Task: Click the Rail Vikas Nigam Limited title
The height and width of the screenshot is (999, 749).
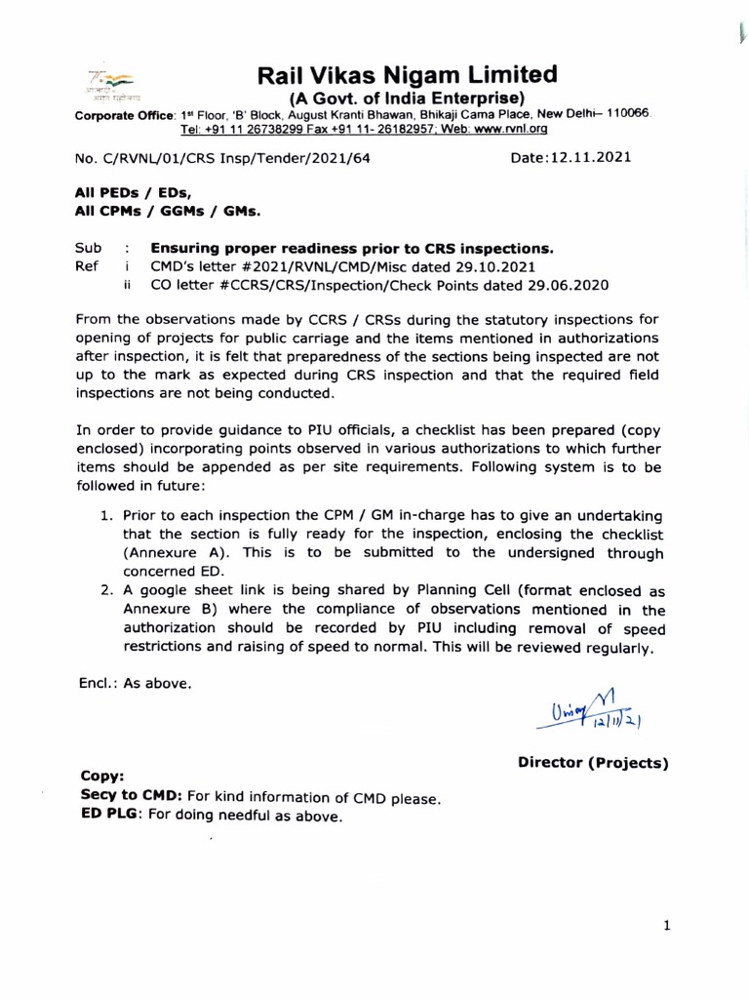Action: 407,75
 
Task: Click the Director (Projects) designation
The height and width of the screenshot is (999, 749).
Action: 592,764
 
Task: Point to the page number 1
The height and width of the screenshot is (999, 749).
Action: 666,928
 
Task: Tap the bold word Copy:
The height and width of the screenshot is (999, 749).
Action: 100,777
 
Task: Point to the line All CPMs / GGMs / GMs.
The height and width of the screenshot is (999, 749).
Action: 168,210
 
